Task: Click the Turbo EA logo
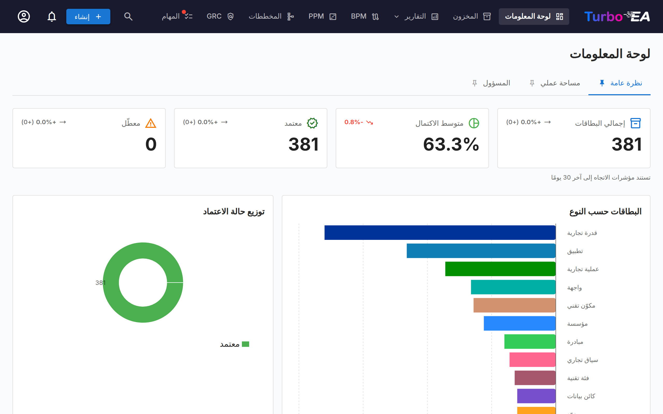617,16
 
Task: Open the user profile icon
24,16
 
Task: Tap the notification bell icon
52,16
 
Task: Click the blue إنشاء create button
88,16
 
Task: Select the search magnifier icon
128,16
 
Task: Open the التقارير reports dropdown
416,16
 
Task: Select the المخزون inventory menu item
472,16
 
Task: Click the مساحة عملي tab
555,83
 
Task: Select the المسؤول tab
491,83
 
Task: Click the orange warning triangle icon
151,123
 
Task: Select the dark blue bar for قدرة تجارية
440,232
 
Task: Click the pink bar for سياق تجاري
532,359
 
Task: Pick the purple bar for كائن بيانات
536,396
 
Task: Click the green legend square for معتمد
246,344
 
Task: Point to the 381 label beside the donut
100,283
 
